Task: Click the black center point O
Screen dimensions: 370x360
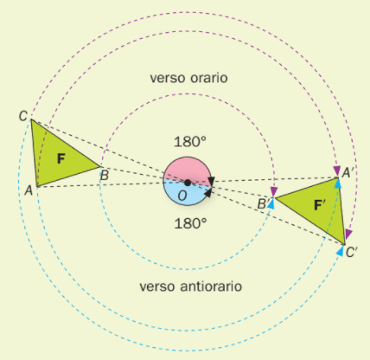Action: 188,183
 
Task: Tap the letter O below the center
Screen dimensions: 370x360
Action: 182,196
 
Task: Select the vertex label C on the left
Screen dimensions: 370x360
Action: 23,116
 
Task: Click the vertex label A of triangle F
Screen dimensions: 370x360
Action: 29,190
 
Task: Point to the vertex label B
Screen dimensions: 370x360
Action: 105,176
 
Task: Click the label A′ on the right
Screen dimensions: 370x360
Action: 347,173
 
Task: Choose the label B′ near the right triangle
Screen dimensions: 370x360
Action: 263,204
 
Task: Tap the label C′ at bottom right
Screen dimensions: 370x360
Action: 351,253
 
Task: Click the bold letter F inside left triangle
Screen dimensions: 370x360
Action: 61,158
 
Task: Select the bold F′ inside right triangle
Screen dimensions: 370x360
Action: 319,205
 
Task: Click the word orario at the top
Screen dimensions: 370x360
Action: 209,78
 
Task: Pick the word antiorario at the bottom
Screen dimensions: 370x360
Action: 211,286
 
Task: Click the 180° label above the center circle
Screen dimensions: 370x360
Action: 190,142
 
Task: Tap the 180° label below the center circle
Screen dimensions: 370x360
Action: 190,223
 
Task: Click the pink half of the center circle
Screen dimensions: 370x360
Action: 187,170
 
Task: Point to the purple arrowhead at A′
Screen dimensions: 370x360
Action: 337,170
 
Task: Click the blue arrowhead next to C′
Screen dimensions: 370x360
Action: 341,251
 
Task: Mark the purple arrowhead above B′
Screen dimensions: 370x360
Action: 274,191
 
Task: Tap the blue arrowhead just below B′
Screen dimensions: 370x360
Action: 271,204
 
